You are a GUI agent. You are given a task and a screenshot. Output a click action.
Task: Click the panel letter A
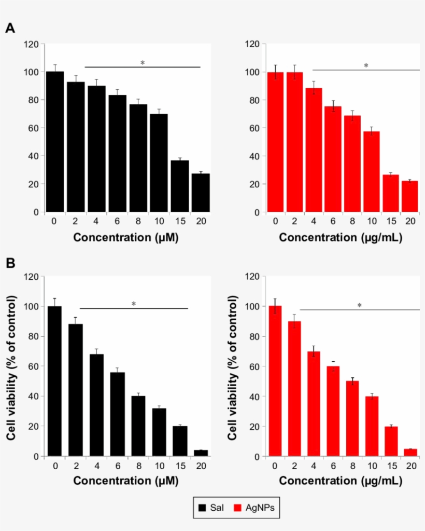[10, 29]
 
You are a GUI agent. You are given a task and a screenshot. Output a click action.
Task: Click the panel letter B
[10, 263]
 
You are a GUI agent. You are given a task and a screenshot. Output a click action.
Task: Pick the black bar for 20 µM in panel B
[200, 453]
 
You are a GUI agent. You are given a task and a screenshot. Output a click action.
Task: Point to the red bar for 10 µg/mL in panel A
[371, 171]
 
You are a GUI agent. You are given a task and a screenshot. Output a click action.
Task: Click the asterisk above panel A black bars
[143, 63]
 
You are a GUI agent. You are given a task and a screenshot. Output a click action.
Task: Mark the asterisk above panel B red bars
[359, 306]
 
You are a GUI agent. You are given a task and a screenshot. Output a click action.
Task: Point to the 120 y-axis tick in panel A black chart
[32, 44]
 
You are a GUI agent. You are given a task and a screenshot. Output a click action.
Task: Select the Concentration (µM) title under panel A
[126, 238]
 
